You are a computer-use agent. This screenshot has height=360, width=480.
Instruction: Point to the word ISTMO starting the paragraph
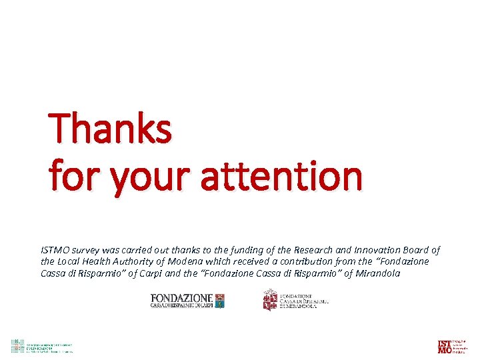tap(55, 250)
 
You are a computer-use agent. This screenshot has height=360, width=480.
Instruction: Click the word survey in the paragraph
tap(86, 250)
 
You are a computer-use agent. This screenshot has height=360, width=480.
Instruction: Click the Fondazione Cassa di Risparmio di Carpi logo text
tap(181, 301)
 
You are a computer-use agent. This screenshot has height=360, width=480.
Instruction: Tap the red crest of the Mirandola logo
tap(269, 300)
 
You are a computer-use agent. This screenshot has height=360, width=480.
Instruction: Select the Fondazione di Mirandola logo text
tap(304, 300)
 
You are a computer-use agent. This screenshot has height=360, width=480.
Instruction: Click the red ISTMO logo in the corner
tap(444, 346)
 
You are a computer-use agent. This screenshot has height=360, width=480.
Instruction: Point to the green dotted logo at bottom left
tap(17, 346)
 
